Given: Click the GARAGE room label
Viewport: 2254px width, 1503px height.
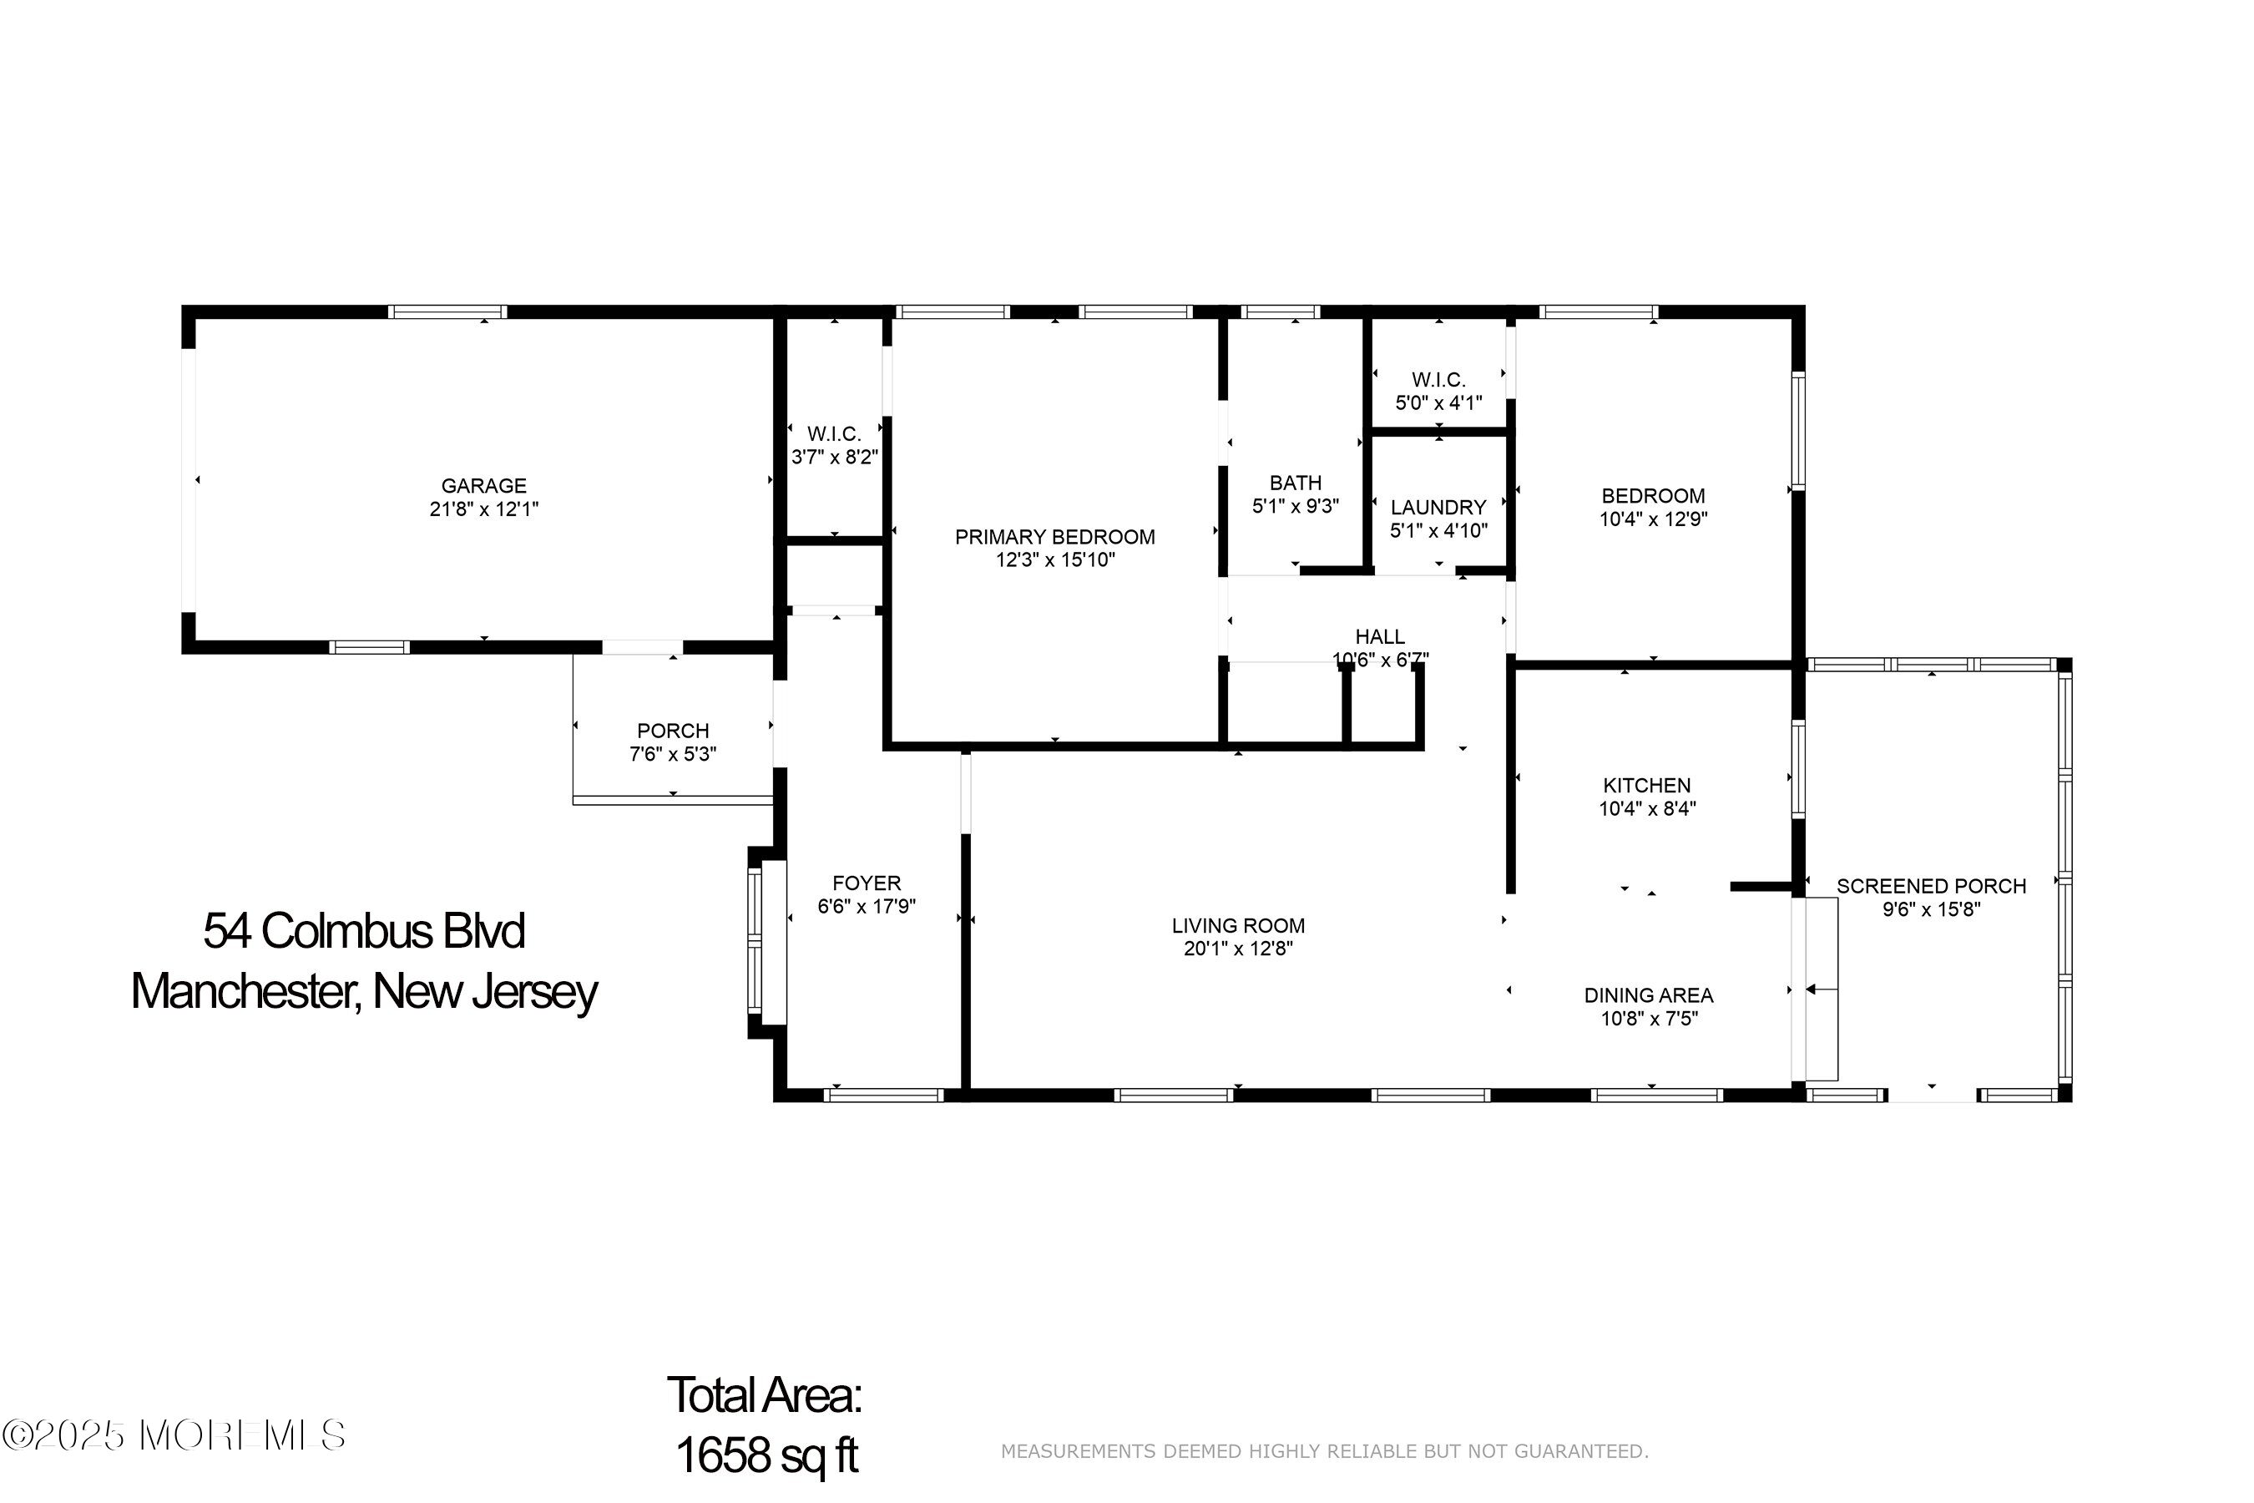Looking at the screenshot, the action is (x=483, y=486).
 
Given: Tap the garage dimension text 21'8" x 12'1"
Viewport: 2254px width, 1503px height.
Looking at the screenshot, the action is (x=484, y=509).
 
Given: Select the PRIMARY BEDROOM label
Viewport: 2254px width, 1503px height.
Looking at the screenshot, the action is (x=1054, y=537).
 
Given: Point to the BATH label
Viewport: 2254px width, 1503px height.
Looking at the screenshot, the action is (x=1296, y=483).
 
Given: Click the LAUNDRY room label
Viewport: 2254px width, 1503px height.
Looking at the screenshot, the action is (x=1438, y=507).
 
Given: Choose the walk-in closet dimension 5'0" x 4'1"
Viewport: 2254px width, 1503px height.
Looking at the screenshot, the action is (x=1438, y=402).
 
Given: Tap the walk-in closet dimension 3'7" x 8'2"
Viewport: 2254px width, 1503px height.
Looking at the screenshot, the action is (x=834, y=458).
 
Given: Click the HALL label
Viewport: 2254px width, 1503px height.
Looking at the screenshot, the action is (x=1380, y=636).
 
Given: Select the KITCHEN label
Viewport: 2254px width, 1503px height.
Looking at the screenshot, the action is (x=1646, y=785).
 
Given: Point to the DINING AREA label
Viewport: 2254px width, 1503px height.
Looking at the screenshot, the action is (x=1648, y=996).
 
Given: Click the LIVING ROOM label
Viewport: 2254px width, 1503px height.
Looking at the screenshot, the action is (x=1238, y=926).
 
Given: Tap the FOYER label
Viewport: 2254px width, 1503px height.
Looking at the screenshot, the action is (x=867, y=883).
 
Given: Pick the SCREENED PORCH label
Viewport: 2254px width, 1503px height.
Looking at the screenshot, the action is (x=1931, y=887).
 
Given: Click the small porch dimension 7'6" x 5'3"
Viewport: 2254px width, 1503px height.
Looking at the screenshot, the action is (x=673, y=754).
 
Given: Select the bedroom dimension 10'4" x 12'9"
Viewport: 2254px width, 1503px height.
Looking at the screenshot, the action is (x=1653, y=519).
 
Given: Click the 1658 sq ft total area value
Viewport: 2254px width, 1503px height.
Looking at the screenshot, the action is (x=766, y=1455).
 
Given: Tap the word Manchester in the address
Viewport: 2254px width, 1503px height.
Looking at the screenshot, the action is (x=245, y=992).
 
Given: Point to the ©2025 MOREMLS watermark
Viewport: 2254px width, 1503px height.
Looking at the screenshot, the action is (x=174, y=1435).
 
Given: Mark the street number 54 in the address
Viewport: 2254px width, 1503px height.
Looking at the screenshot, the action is (x=227, y=931).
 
